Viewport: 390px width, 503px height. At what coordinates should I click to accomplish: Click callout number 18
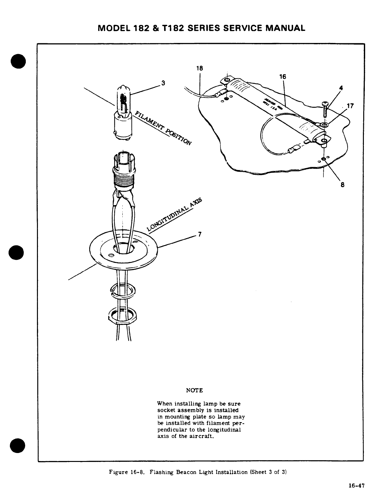199,68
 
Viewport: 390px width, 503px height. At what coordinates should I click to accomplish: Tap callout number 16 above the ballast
283,77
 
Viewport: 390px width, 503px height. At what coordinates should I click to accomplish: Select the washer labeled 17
324,124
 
